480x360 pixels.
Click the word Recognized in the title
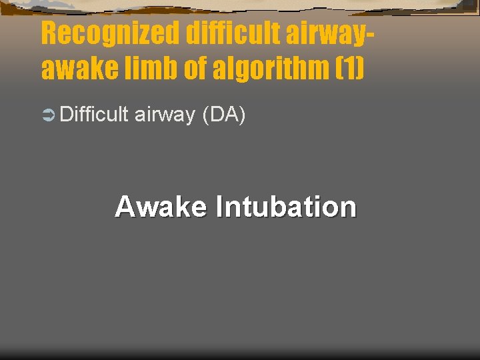tap(111, 33)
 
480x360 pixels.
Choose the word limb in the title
tap(141, 68)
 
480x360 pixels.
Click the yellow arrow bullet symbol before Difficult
tap(47, 116)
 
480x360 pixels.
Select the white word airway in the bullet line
tap(165, 116)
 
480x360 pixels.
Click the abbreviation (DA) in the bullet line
tap(224, 115)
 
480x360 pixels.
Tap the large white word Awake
tap(161, 207)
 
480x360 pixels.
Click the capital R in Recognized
tap(49, 33)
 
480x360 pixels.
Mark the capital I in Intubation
tap(218, 207)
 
